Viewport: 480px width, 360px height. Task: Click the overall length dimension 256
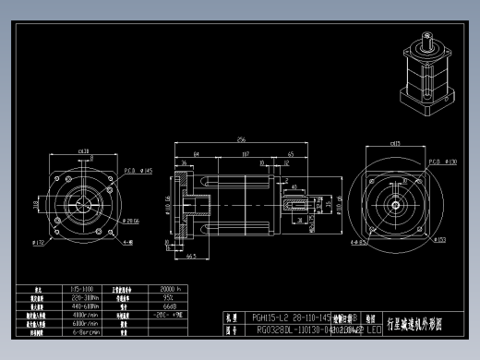[242, 138]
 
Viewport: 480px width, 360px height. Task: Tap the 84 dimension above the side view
[197, 154]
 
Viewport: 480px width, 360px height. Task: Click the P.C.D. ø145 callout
[138, 171]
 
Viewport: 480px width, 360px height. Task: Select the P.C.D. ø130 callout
[444, 162]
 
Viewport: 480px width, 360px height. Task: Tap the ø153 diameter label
[440, 240]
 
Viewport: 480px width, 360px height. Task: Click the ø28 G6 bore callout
[130, 222]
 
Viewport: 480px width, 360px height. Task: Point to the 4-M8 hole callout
[127, 243]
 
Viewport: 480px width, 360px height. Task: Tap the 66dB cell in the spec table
[170, 306]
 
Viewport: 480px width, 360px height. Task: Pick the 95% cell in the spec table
[170, 297]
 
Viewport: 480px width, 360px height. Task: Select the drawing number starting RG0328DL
[295, 329]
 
